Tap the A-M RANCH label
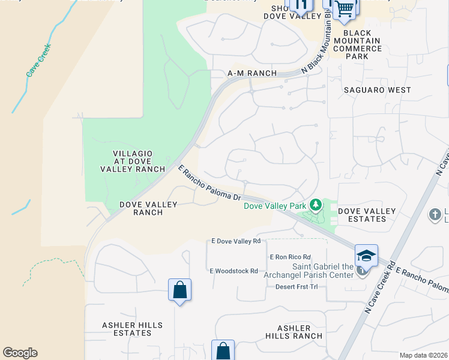[x=252, y=73]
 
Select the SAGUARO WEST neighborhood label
[x=378, y=90]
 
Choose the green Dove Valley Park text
[x=275, y=206]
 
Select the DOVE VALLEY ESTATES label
[x=367, y=215]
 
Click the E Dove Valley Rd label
[x=235, y=241]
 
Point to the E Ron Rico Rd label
[x=291, y=257]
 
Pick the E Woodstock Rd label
[x=234, y=271]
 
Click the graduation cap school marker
[x=366, y=255]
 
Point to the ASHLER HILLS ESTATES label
[x=132, y=329]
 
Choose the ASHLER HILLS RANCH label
[x=294, y=332]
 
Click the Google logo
[x=20, y=353]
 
